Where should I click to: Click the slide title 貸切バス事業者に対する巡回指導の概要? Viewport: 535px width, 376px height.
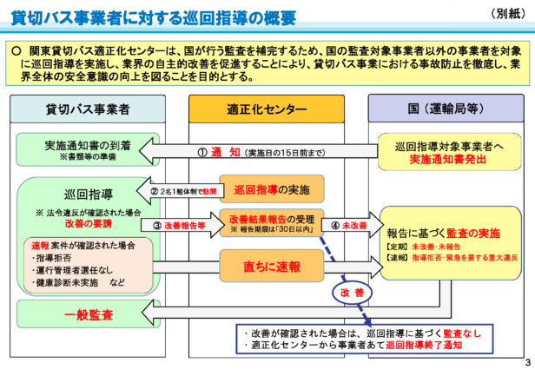[153, 17]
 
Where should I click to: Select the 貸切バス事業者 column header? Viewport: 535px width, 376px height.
[88, 109]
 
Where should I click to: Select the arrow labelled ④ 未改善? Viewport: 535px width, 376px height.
[347, 225]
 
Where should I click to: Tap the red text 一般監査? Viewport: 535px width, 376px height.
[87, 313]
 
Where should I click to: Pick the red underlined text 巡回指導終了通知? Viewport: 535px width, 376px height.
[424, 346]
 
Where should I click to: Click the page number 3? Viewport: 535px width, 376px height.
[527, 361]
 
